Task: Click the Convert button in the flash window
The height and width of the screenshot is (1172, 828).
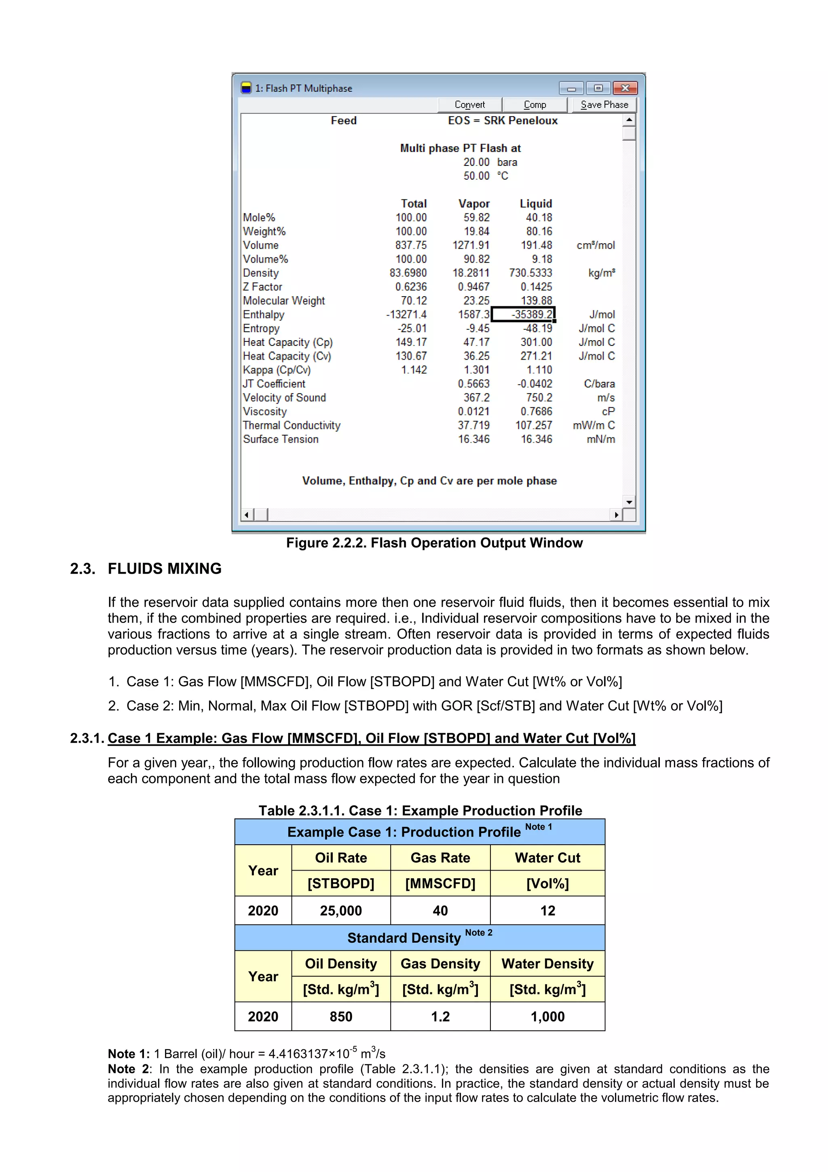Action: point(469,105)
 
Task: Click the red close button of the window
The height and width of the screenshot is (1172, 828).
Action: point(625,88)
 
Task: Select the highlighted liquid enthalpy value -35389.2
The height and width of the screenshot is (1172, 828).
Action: point(524,314)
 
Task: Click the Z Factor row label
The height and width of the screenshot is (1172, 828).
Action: point(262,287)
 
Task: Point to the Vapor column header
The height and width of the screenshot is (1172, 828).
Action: point(473,203)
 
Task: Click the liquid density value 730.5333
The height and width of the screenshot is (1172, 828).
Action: point(530,273)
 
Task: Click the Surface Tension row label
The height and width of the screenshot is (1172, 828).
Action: point(281,439)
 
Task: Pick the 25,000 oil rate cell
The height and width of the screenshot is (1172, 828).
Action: point(340,911)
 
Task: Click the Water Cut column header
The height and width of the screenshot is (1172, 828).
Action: point(547,858)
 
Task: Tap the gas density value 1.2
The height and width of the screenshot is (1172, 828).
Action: point(440,1016)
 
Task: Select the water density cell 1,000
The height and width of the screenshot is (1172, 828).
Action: point(547,1016)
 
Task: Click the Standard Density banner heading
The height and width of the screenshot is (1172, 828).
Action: point(404,938)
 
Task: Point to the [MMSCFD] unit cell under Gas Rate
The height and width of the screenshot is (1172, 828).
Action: point(440,884)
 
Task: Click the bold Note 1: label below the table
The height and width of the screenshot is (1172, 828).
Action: point(129,1054)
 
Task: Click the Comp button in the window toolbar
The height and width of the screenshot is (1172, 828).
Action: point(534,105)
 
